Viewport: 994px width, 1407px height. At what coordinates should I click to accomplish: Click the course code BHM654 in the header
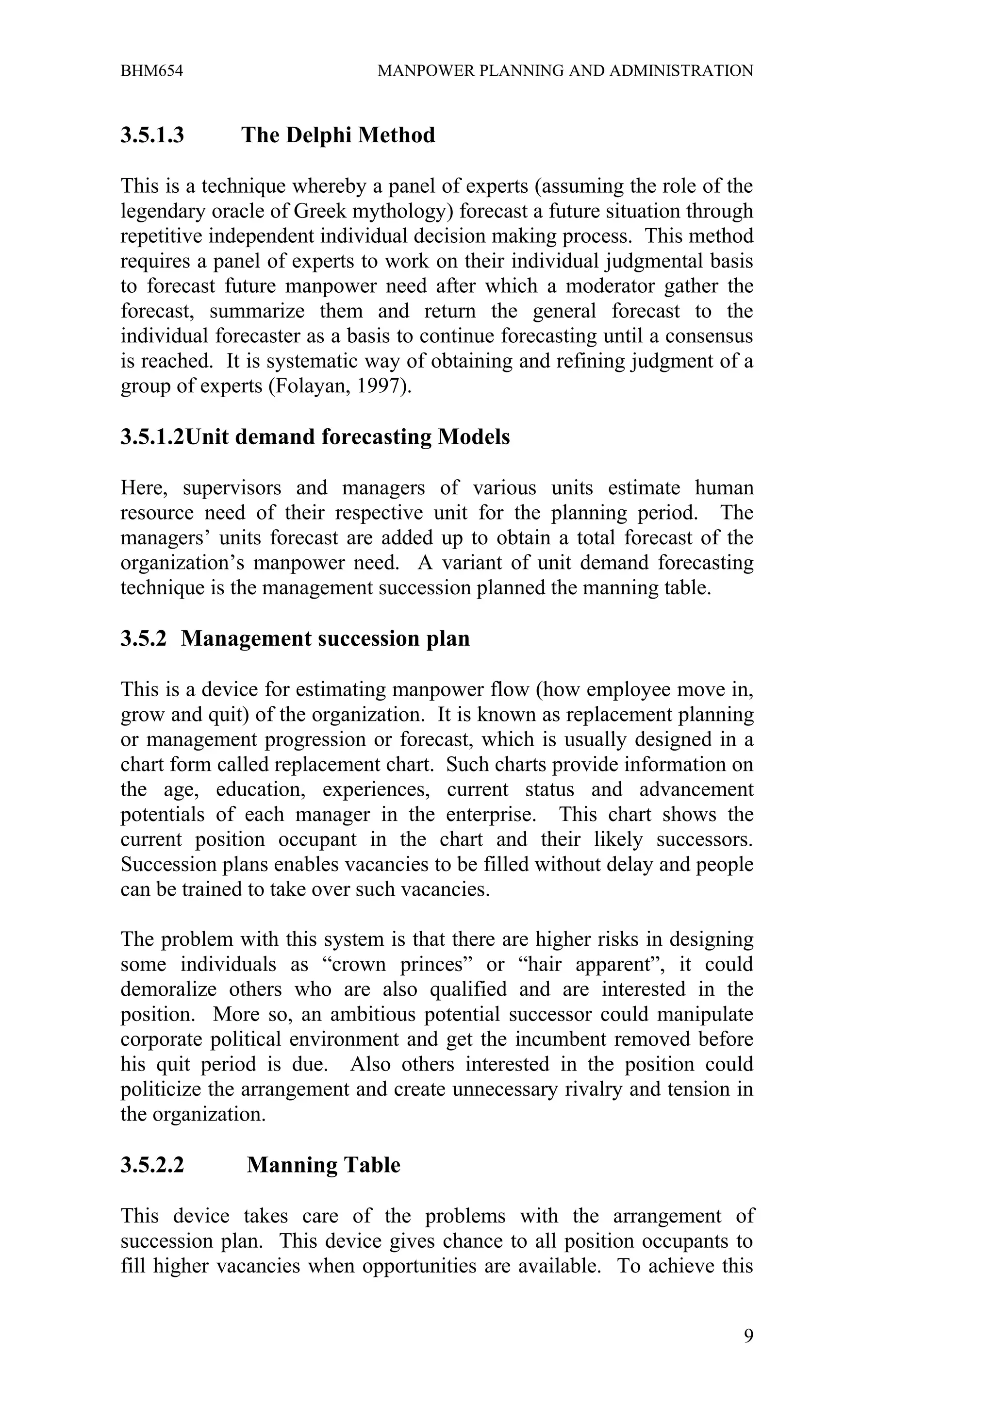tap(151, 71)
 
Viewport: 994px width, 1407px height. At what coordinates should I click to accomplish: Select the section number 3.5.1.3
tap(152, 135)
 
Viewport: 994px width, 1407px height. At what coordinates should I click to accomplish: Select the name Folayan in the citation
tap(309, 386)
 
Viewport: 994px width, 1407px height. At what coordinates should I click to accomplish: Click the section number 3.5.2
tap(143, 638)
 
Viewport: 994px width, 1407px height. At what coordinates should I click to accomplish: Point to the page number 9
tap(748, 1337)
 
